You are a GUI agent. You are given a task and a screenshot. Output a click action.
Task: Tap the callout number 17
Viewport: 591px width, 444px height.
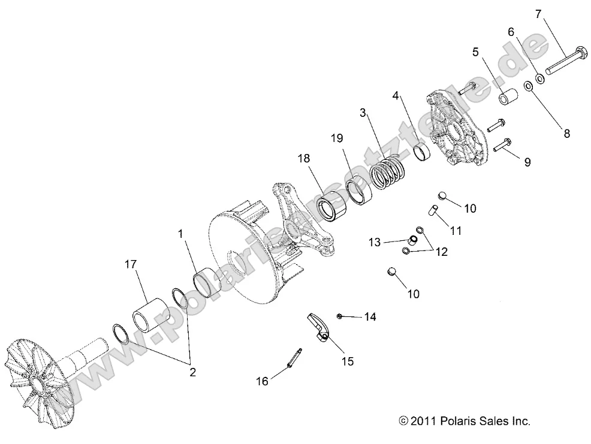coord(131,264)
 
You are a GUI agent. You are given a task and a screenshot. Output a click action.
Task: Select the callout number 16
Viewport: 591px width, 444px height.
coord(261,380)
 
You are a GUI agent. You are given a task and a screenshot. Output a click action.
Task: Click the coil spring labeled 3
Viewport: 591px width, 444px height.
coord(387,171)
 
